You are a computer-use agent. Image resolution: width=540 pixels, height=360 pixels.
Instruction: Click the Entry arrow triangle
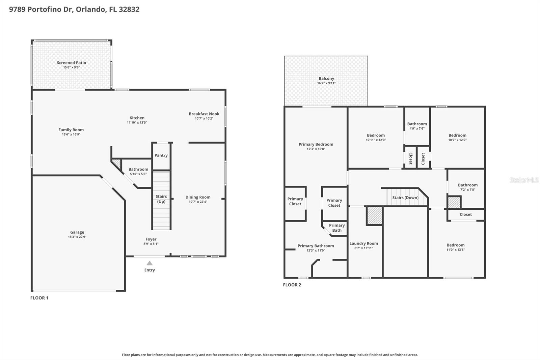coord(150,263)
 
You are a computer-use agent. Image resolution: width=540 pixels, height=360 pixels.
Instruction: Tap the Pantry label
coord(161,155)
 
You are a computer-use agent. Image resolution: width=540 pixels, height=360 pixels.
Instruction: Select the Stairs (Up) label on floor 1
coord(161,199)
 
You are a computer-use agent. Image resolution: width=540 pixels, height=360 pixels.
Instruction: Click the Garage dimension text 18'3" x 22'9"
coord(77,237)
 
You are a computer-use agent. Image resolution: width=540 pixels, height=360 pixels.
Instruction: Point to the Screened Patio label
coord(71,62)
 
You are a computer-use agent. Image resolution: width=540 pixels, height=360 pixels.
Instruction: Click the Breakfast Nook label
coord(204,114)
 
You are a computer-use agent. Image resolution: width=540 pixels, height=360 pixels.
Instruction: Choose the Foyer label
coord(151,239)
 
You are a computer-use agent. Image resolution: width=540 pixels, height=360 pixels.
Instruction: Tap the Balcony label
coord(326,78)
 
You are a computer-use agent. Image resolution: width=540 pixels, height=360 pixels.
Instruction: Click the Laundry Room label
coord(363,243)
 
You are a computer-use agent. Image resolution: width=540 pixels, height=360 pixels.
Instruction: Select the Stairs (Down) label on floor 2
coord(405,198)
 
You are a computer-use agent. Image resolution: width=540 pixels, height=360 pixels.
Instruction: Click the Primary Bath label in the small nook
coord(337,228)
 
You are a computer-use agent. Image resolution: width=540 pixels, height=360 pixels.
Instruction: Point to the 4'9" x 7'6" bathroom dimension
coord(417,129)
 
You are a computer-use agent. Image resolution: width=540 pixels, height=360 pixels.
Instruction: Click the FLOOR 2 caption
coord(292,285)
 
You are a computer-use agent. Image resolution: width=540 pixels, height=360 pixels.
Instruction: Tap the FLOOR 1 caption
coord(39,298)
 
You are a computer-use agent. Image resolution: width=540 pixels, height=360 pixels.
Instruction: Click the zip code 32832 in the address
coord(129,9)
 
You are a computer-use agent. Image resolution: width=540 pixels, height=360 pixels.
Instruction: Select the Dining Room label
coord(198,197)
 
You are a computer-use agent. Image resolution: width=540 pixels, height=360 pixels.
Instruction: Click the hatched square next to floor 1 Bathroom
coord(116,163)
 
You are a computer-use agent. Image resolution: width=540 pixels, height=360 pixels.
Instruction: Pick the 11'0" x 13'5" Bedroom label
coord(455,245)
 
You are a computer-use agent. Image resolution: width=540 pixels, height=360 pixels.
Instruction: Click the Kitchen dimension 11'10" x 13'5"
coord(137,123)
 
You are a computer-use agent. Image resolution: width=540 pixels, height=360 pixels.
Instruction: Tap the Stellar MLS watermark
coord(524,180)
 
